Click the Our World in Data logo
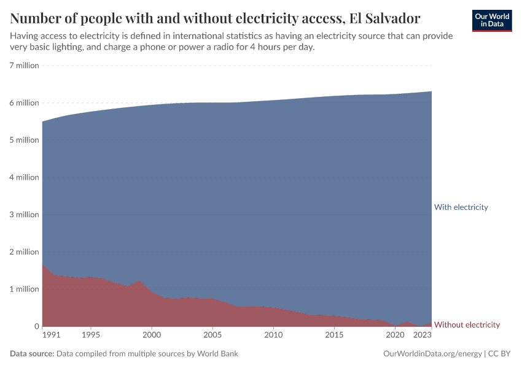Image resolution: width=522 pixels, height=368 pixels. (491, 20)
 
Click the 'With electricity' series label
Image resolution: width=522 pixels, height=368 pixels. (461, 207)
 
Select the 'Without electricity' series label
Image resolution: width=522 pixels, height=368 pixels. (467, 325)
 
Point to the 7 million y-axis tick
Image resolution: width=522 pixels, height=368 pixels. (24, 66)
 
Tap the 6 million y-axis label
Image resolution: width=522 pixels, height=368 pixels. (24, 103)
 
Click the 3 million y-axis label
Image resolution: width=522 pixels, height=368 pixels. (24, 215)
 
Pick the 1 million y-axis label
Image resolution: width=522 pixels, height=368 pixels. (24, 289)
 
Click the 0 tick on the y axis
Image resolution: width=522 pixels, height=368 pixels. (36, 326)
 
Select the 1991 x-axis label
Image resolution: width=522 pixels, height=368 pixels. (51, 335)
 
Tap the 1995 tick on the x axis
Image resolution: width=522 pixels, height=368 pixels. (91, 335)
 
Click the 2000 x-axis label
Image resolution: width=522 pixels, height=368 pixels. (152, 335)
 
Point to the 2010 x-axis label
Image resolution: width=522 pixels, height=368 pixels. (273, 335)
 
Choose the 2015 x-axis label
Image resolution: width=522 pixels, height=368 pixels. (334, 335)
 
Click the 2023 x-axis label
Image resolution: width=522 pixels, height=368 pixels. (423, 335)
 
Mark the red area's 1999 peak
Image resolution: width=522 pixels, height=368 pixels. (139, 281)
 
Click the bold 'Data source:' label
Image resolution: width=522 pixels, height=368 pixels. (32, 354)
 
